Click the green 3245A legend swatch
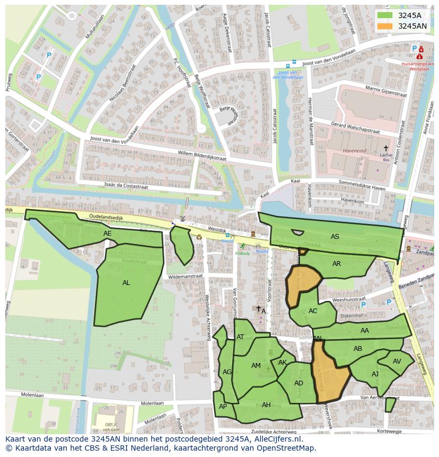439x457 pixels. [x=385, y=15]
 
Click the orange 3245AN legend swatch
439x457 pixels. [x=385, y=26]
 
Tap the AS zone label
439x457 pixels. [x=335, y=237]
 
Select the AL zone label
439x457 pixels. [x=126, y=283]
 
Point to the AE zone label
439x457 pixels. [x=108, y=234]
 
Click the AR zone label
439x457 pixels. [x=337, y=264]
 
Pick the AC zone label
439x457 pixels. [x=313, y=311]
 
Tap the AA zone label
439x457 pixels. [x=364, y=331]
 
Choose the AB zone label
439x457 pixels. [x=358, y=349]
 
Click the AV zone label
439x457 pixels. [x=397, y=361]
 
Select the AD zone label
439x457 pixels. [x=298, y=383]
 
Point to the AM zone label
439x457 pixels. [x=256, y=366]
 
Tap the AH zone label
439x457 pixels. [x=266, y=405]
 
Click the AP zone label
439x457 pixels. [x=223, y=407]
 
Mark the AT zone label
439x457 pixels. [x=240, y=337]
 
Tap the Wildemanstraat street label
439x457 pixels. [x=186, y=277]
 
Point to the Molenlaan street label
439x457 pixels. [x=32, y=395]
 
